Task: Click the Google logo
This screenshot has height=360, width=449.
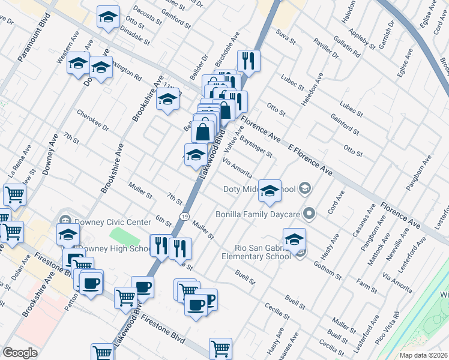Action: pyautogui.click(x=20, y=352)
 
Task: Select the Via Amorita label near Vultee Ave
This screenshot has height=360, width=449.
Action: pyautogui.click(x=237, y=167)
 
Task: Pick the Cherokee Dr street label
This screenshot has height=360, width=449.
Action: pyautogui.click(x=93, y=119)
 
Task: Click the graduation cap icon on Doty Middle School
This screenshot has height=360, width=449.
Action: pyautogui.click(x=270, y=191)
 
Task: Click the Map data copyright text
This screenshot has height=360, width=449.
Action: pyautogui.click(x=423, y=355)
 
